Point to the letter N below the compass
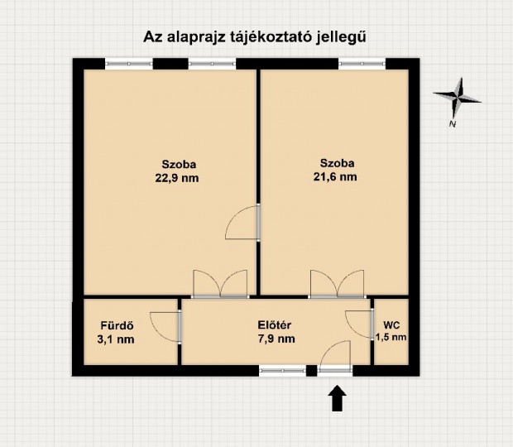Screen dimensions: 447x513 (x=453, y=124)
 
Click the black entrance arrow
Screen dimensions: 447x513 (x=338, y=400)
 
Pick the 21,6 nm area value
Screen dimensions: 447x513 (x=338, y=176)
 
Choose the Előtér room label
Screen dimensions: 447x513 (x=276, y=324)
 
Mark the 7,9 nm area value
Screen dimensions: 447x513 (x=276, y=339)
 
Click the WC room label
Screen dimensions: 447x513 (x=391, y=324)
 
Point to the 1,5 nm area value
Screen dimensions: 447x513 (x=391, y=338)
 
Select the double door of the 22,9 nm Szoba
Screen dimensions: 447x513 (x=218, y=285)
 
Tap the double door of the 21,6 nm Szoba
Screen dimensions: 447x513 (x=337, y=285)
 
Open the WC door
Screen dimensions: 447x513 (x=361, y=323)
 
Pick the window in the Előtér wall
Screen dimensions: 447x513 (x=281, y=370)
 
